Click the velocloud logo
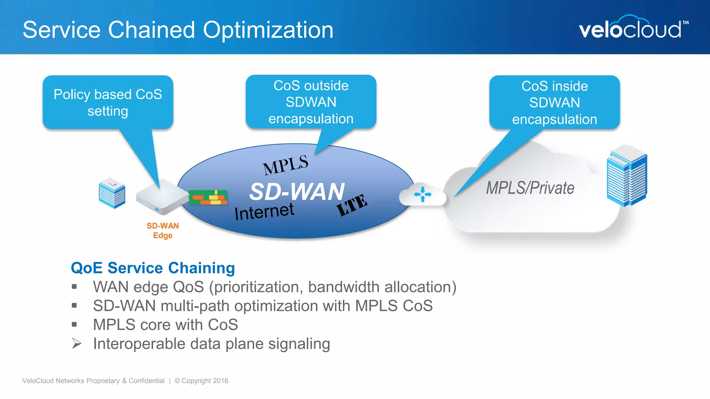point(633,28)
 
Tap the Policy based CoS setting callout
point(108,103)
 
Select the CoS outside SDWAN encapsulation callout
point(311,102)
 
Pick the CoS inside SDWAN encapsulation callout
point(554,103)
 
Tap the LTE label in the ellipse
point(352,205)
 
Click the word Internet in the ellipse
point(264,211)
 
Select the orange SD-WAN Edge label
point(163,231)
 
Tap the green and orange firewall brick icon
point(208,197)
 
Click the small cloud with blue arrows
point(422,195)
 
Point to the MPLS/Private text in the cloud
point(530,188)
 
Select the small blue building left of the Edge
point(112,193)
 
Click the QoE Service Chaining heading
point(153,268)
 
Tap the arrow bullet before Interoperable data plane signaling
point(77,344)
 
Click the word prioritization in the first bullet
point(256,287)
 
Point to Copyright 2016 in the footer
point(205,381)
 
